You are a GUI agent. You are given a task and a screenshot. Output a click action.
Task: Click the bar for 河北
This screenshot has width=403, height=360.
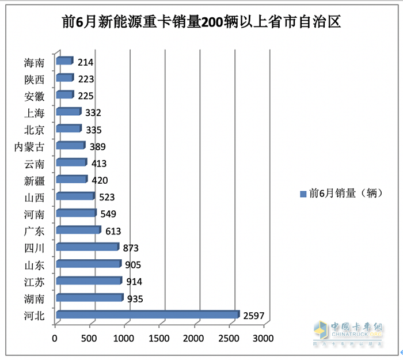(147, 314)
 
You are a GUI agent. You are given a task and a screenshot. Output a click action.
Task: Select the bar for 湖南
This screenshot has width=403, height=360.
(89, 298)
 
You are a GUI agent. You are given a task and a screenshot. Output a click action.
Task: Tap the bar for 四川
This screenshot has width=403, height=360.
(87, 247)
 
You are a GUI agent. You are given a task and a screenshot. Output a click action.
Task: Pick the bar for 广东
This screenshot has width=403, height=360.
(78, 230)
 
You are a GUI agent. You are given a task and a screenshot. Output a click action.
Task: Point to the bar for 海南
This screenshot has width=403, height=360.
(64, 61)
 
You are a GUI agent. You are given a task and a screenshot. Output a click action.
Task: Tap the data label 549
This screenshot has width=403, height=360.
(108, 214)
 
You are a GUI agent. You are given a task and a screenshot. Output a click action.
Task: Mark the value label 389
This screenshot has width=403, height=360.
(97, 147)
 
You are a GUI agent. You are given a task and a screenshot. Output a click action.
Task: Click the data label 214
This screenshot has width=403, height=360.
(85, 62)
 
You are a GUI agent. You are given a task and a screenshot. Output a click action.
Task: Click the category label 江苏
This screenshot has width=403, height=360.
(35, 282)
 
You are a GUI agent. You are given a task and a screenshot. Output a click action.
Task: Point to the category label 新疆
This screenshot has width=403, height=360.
(35, 180)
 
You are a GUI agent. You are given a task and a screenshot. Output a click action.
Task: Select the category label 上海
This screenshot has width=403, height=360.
(35, 112)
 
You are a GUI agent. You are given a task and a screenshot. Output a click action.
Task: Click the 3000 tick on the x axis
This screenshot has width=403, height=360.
(264, 338)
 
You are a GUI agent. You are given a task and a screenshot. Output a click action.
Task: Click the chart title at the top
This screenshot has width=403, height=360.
(201, 22)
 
